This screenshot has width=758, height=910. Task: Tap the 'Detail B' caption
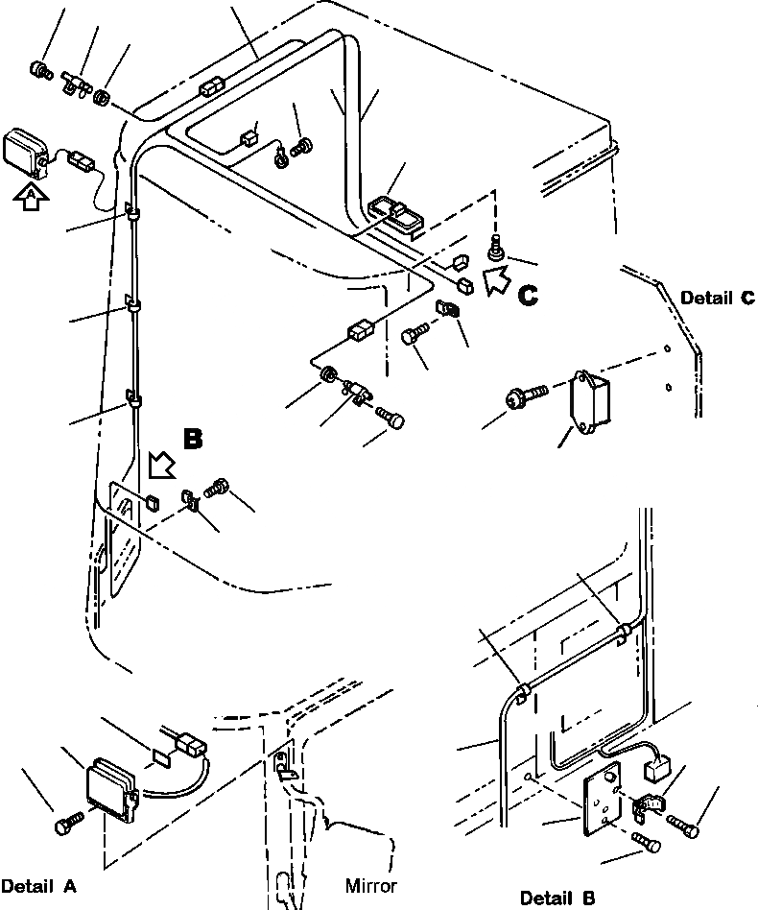(x=557, y=898)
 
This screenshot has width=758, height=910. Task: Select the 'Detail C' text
(x=718, y=299)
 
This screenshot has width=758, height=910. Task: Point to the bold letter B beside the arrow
(x=193, y=439)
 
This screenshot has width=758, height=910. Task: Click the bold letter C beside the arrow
(x=528, y=297)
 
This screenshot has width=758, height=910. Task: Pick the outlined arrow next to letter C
(x=497, y=281)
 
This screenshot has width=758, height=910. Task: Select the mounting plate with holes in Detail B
(x=603, y=795)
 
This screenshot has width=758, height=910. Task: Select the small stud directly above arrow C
(x=497, y=248)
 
